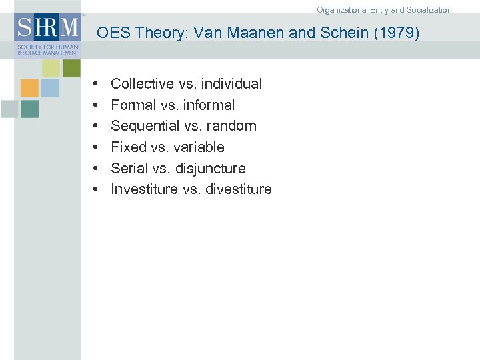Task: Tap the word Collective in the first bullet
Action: [x=142, y=84]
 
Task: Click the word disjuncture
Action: [x=211, y=169]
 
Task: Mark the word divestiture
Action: [x=239, y=189]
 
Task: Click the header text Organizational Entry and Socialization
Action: [x=384, y=10]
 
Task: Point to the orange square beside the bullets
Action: [x=29, y=88]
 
